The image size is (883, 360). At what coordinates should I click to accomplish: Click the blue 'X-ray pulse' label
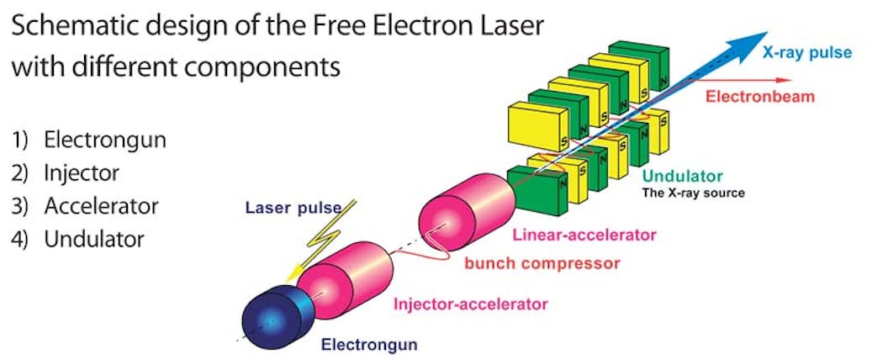pyautogui.click(x=806, y=53)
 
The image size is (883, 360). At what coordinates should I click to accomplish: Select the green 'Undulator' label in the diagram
pyautogui.click(x=682, y=177)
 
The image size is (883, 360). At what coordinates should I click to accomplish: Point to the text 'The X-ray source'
pyautogui.click(x=694, y=193)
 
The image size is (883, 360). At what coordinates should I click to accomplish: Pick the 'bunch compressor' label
pyautogui.click(x=542, y=262)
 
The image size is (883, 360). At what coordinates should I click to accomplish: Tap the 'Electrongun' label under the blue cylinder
pyautogui.click(x=369, y=343)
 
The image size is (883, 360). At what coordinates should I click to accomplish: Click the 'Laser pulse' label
pyautogui.click(x=282, y=207)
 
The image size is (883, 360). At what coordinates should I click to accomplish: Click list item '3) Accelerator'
pyautogui.click(x=86, y=205)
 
